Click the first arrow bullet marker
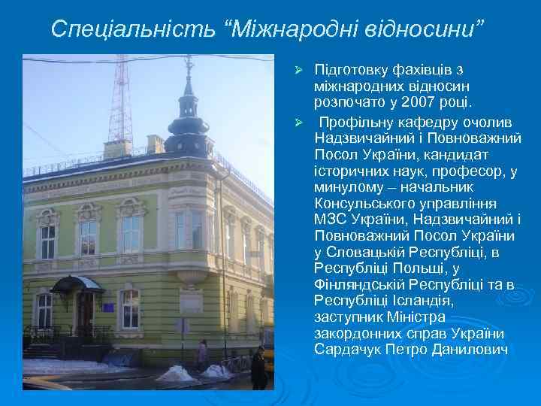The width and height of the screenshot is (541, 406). (x=298, y=71)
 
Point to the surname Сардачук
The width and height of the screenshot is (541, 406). (x=351, y=350)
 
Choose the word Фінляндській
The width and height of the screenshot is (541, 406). (x=363, y=285)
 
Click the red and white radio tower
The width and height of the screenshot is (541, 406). (x=120, y=98)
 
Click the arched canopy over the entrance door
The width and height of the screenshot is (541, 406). (x=77, y=284)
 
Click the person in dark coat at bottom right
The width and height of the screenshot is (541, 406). (x=258, y=368)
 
